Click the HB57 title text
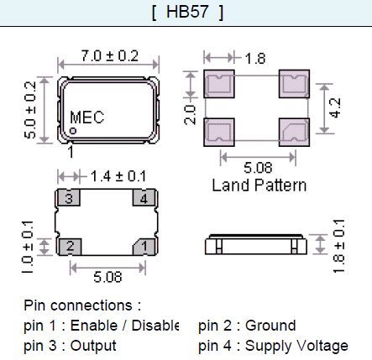pyautogui.click(x=187, y=12)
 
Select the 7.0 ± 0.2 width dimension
pyautogui.click(x=110, y=55)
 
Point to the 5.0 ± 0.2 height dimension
pyautogui.click(x=30, y=110)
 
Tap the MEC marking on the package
pyautogui.click(x=87, y=117)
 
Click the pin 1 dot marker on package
pyautogui.click(x=73, y=131)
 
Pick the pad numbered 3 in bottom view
pyautogui.click(x=69, y=198)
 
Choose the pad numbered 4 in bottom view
pyautogui.click(x=144, y=198)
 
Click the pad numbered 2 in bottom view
pyautogui.click(x=70, y=247)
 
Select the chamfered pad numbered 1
pyautogui.click(x=144, y=247)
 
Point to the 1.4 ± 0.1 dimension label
pyautogui.click(x=118, y=176)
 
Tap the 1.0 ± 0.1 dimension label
pyautogui.click(x=28, y=248)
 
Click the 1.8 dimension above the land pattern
pyautogui.click(x=255, y=59)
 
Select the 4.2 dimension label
pyautogui.click(x=335, y=108)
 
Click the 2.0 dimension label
pyautogui.click(x=190, y=115)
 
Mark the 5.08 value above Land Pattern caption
pyautogui.click(x=258, y=168)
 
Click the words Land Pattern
pyautogui.click(x=259, y=185)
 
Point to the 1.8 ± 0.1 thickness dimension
pyautogui.click(x=338, y=246)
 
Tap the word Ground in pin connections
pyautogui.click(x=270, y=326)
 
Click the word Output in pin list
pyautogui.click(x=93, y=346)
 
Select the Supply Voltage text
pyautogui.click(x=296, y=346)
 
